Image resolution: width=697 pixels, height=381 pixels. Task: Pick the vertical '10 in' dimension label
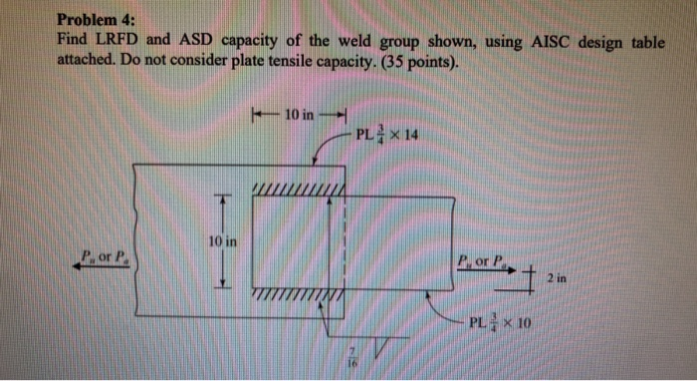point(222,241)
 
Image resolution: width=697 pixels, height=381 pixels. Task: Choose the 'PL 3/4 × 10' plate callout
point(506,323)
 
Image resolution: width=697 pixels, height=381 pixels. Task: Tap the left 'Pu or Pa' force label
point(108,256)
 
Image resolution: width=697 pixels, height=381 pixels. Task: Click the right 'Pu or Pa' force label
point(478,263)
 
